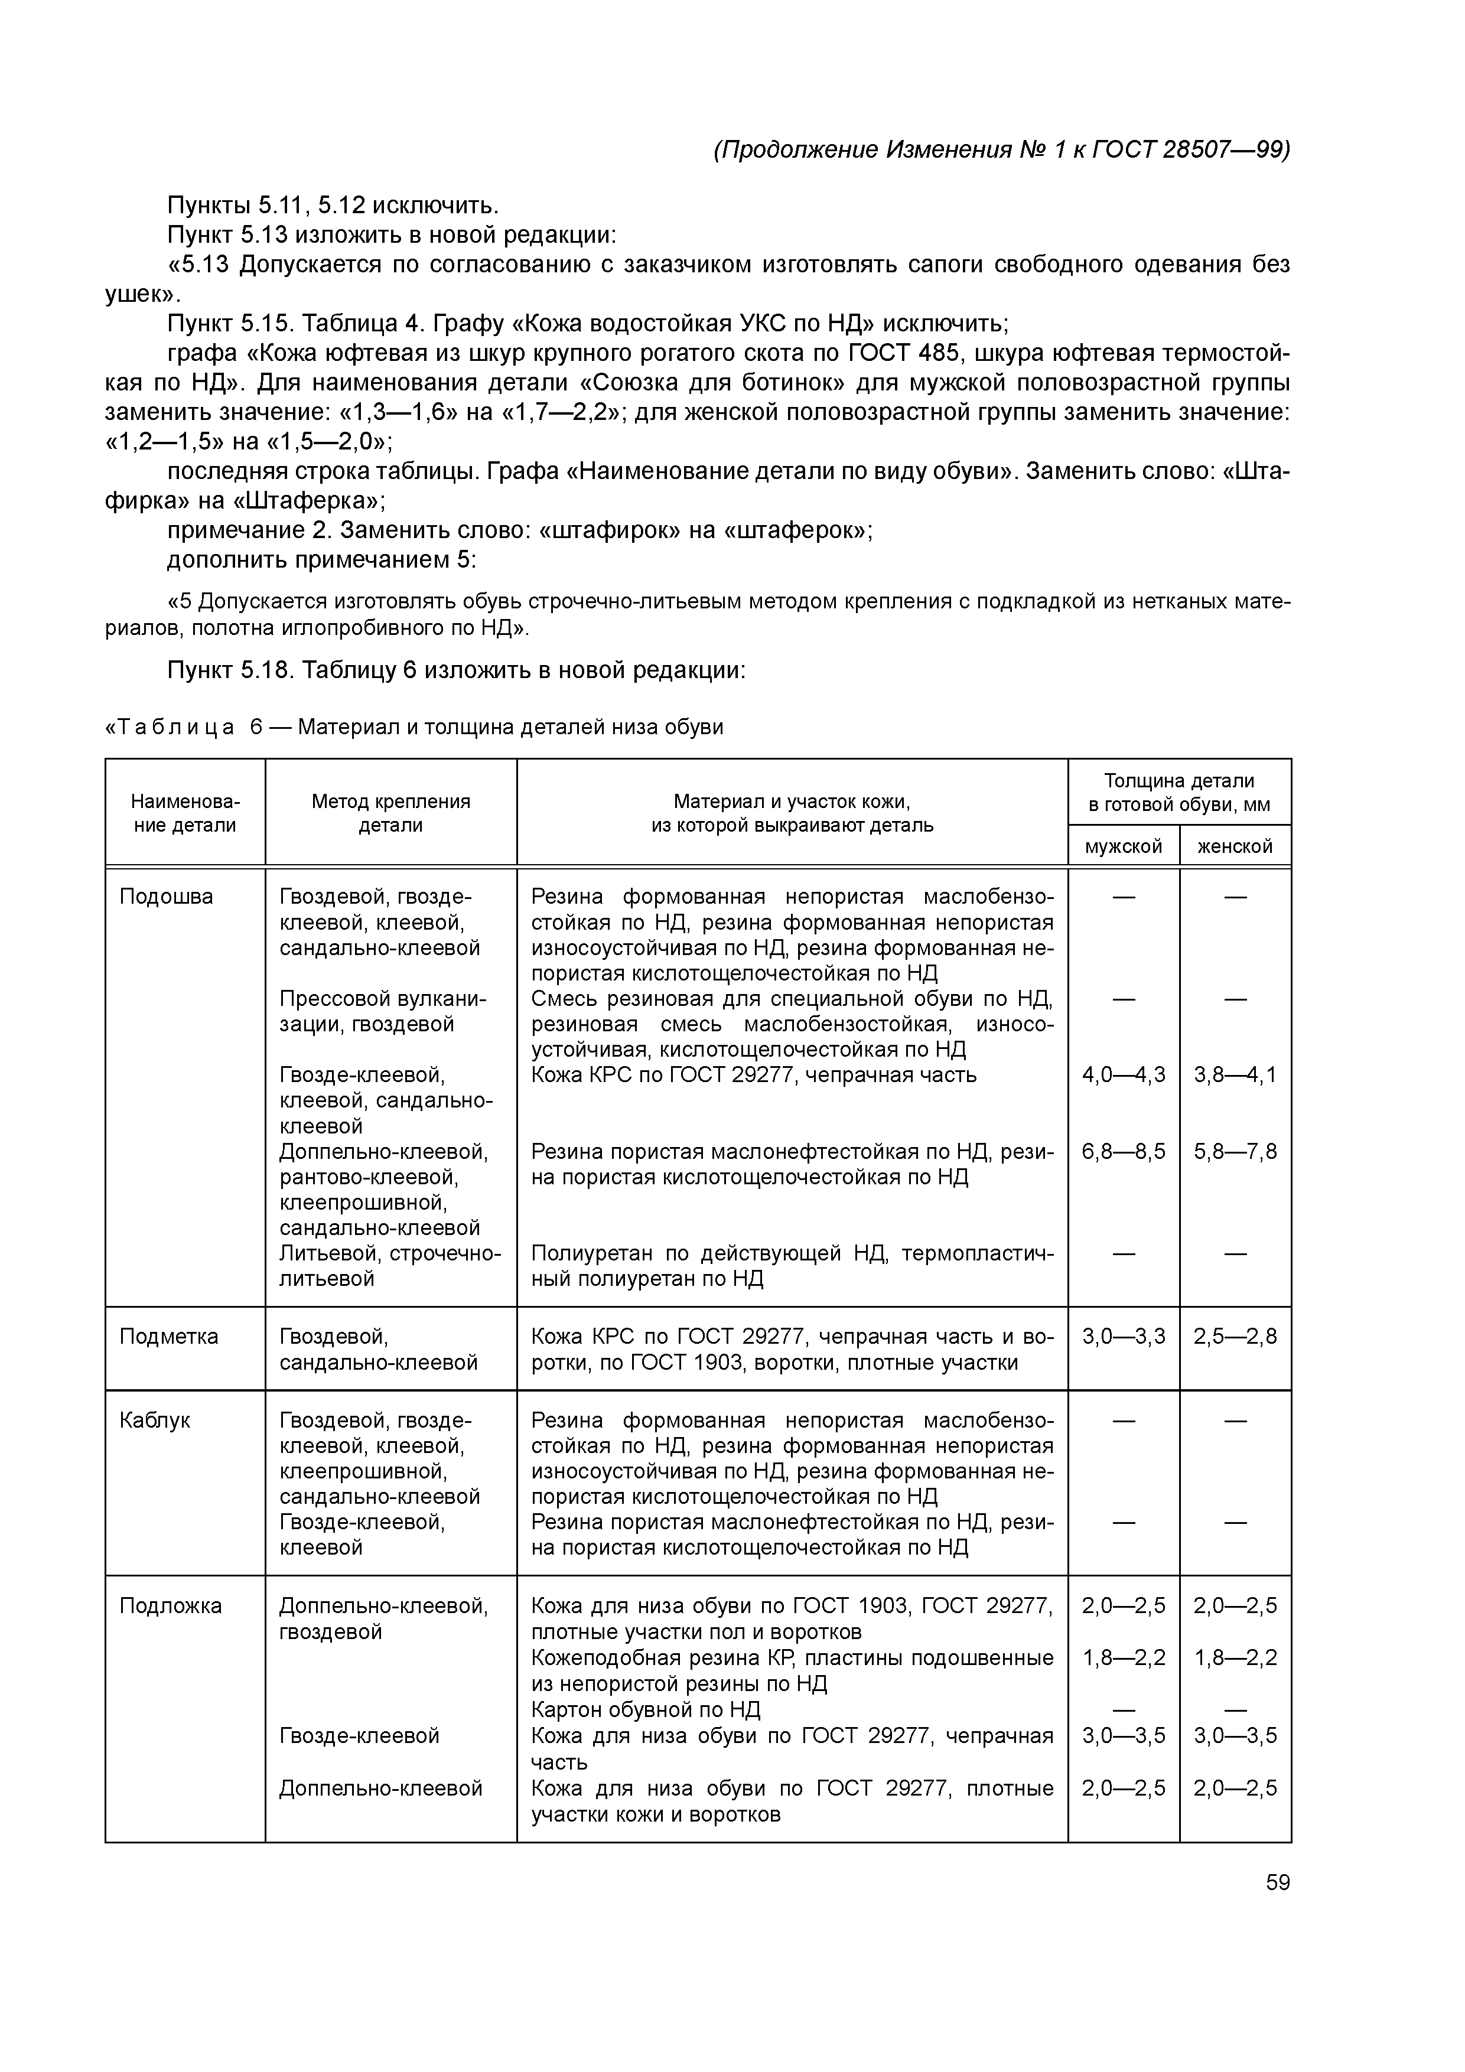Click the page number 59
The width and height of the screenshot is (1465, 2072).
(1277, 1882)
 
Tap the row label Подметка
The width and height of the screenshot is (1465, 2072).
(169, 1335)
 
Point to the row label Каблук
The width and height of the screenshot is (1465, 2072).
(154, 1419)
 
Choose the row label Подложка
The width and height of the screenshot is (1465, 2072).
(171, 1605)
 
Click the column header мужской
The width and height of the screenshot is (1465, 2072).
(1123, 846)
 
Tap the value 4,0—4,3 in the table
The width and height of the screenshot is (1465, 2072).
(1123, 1074)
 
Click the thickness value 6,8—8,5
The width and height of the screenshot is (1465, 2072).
(1123, 1151)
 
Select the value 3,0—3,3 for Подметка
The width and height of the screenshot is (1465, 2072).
(1123, 1335)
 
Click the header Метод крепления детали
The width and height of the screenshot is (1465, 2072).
(391, 812)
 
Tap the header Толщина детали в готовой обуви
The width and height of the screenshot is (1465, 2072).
(1179, 791)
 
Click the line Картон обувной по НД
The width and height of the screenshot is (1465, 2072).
(646, 1709)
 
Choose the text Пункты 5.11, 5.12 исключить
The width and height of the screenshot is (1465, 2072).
(333, 205)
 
